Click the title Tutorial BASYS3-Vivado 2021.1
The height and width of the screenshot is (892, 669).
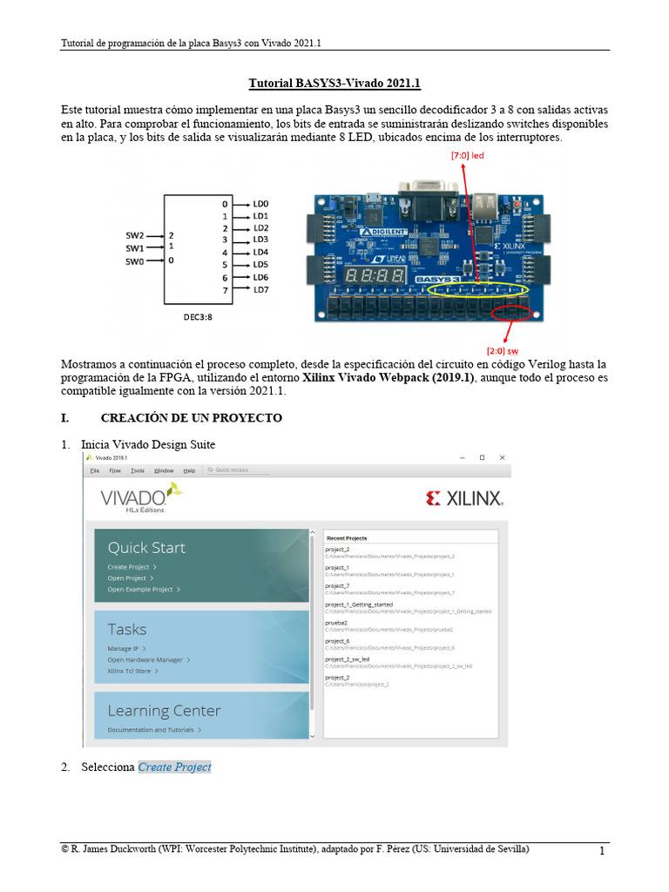(x=334, y=84)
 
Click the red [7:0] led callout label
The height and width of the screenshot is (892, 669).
(x=467, y=155)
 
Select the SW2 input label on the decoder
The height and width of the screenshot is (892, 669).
(x=134, y=235)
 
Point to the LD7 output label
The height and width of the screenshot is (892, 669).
(x=260, y=289)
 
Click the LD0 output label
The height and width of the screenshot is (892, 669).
(x=260, y=204)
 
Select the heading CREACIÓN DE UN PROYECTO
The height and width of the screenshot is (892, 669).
(x=191, y=418)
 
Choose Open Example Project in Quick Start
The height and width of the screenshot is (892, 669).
(x=142, y=590)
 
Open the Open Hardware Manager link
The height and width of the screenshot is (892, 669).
(x=146, y=660)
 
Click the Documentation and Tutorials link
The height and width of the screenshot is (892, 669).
(x=152, y=730)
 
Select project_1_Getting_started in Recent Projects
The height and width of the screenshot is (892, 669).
(x=359, y=605)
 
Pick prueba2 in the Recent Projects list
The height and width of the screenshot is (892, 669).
(x=337, y=623)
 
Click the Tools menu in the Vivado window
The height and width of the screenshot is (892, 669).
(x=138, y=470)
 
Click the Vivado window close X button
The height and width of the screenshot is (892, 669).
(x=502, y=457)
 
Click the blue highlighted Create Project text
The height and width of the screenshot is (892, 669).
(x=174, y=767)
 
